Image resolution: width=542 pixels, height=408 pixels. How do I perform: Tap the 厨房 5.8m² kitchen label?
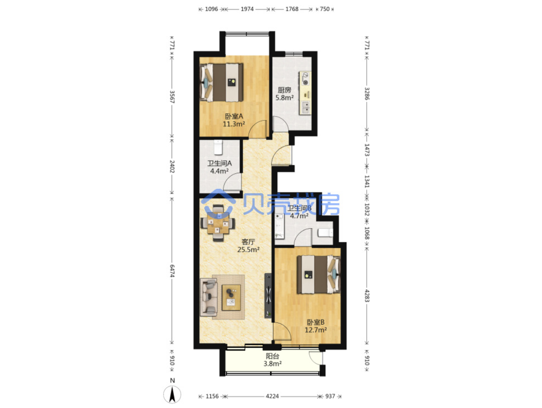coord(284,94)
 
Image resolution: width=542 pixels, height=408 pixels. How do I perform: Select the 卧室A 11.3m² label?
coord(234,120)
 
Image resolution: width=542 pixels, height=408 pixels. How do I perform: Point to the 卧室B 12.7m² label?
coord(316,326)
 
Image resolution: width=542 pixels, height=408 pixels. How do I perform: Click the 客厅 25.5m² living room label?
coord(248,246)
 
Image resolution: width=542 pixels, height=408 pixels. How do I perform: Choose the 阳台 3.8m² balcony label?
coord(272,360)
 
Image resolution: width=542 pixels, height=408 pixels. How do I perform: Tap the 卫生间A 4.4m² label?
coord(219,167)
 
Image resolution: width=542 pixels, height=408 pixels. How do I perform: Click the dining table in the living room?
coord(218,223)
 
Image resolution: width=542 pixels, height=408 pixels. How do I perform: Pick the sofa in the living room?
coord(208,297)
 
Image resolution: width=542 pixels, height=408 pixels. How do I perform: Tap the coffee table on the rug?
coord(231,297)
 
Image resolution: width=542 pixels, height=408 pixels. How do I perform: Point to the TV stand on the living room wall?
coord(268,295)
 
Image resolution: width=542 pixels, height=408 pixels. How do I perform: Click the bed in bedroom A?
coord(221,82)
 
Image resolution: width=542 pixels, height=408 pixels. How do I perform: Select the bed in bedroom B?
coord(319,275)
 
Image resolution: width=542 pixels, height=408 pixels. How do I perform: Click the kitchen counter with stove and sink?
coord(305,93)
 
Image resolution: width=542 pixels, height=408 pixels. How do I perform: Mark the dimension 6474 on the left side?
coord(172,271)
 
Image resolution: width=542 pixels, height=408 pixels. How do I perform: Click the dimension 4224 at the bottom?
coord(272,396)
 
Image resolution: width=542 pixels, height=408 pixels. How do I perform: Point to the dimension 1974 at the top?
coord(247,9)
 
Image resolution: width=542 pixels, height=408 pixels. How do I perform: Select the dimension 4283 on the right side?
coord(367,296)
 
